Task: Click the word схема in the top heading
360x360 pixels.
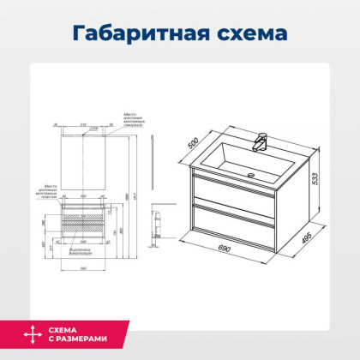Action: tap(248, 33)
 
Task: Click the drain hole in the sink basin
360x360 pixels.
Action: tap(251, 175)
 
